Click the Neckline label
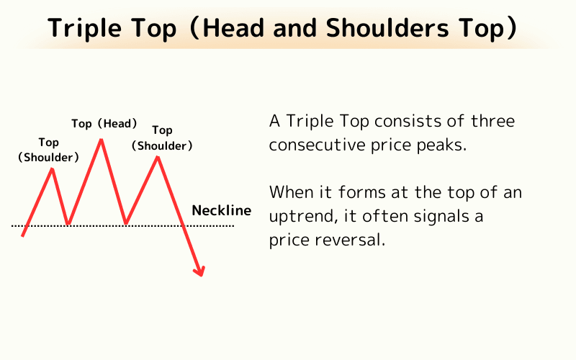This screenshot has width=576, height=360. [x=222, y=211]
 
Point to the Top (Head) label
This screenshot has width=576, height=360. [x=104, y=124]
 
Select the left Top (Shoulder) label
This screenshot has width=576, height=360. [x=49, y=150]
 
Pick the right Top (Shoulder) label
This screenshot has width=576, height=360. [x=162, y=138]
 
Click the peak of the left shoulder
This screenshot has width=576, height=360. [x=53, y=168]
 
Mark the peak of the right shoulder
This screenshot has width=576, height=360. [x=158, y=156]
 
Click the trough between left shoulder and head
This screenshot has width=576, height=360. [x=68, y=224]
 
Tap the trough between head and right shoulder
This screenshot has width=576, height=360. [x=125, y=223]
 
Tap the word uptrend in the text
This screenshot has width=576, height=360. [x=297, y=216]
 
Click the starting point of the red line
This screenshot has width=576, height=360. [x=23, y=235]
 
